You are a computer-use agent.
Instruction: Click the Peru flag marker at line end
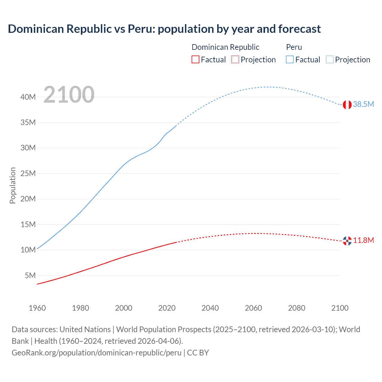point(347,105)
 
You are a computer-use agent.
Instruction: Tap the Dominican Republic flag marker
point(347,241)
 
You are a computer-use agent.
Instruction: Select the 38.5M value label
point(363,104)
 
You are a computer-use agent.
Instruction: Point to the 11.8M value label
point(363,240)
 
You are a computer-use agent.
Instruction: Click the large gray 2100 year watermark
point(69,95)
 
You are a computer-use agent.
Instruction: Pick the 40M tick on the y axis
point(28,97)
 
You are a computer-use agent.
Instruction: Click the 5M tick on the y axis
point(30,275)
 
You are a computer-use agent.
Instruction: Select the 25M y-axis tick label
point(28,173)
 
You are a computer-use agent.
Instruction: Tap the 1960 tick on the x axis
point(37,308)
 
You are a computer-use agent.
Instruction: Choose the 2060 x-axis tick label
point(253,308)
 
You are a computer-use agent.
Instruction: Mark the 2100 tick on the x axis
point(340,308)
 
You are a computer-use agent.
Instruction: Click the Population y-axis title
point(13,185)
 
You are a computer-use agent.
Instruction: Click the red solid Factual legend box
point(195,60)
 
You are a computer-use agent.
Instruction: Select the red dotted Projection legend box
point(235,60)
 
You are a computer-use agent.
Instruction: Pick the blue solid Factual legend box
point(290,60)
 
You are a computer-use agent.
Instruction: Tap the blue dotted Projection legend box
point(330,60)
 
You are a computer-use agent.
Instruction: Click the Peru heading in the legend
point(294,47)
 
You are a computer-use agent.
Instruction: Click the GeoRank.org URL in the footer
point(96,353)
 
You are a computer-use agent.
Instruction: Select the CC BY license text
point(198,353)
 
